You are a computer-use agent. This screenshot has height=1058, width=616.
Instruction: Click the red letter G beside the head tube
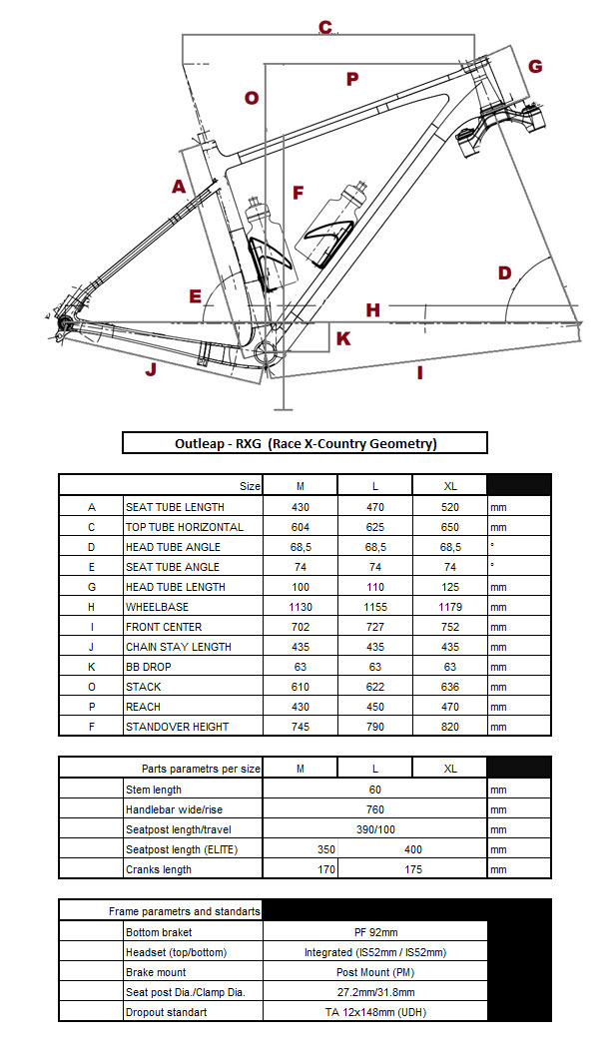click(535, 67)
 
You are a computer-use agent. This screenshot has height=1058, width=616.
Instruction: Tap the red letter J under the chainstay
click(151, 370)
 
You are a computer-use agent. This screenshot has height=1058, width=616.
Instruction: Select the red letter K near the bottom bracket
click(343, 338)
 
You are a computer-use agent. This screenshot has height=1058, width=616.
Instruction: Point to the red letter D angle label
click(504, 272)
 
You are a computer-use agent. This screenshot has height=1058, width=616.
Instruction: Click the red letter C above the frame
click(325, 27)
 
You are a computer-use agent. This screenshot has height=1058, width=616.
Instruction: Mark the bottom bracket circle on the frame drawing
click(267, 349)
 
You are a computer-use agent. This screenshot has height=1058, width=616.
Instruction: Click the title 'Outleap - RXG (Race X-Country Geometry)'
click(305, 443)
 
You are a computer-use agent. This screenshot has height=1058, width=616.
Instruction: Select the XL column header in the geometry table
click(449, 486)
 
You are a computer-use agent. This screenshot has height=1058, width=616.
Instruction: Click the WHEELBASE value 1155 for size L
click(374, 607)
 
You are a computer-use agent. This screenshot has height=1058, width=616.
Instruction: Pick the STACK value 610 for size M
click(300, 687)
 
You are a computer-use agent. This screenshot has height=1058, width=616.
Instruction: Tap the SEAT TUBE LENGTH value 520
click(449, 507)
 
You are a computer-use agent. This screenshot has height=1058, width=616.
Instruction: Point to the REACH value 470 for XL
click(449, 707)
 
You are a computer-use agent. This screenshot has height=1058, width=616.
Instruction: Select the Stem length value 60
click(374, 790)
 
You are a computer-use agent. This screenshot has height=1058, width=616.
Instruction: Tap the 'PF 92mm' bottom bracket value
click(374, 932)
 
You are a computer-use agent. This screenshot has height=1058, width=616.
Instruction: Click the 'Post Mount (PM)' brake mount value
click(374, 972)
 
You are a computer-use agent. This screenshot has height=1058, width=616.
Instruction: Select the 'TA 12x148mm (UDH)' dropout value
click(374, 1012)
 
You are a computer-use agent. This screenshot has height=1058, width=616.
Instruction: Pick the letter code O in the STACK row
click(91, 687)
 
